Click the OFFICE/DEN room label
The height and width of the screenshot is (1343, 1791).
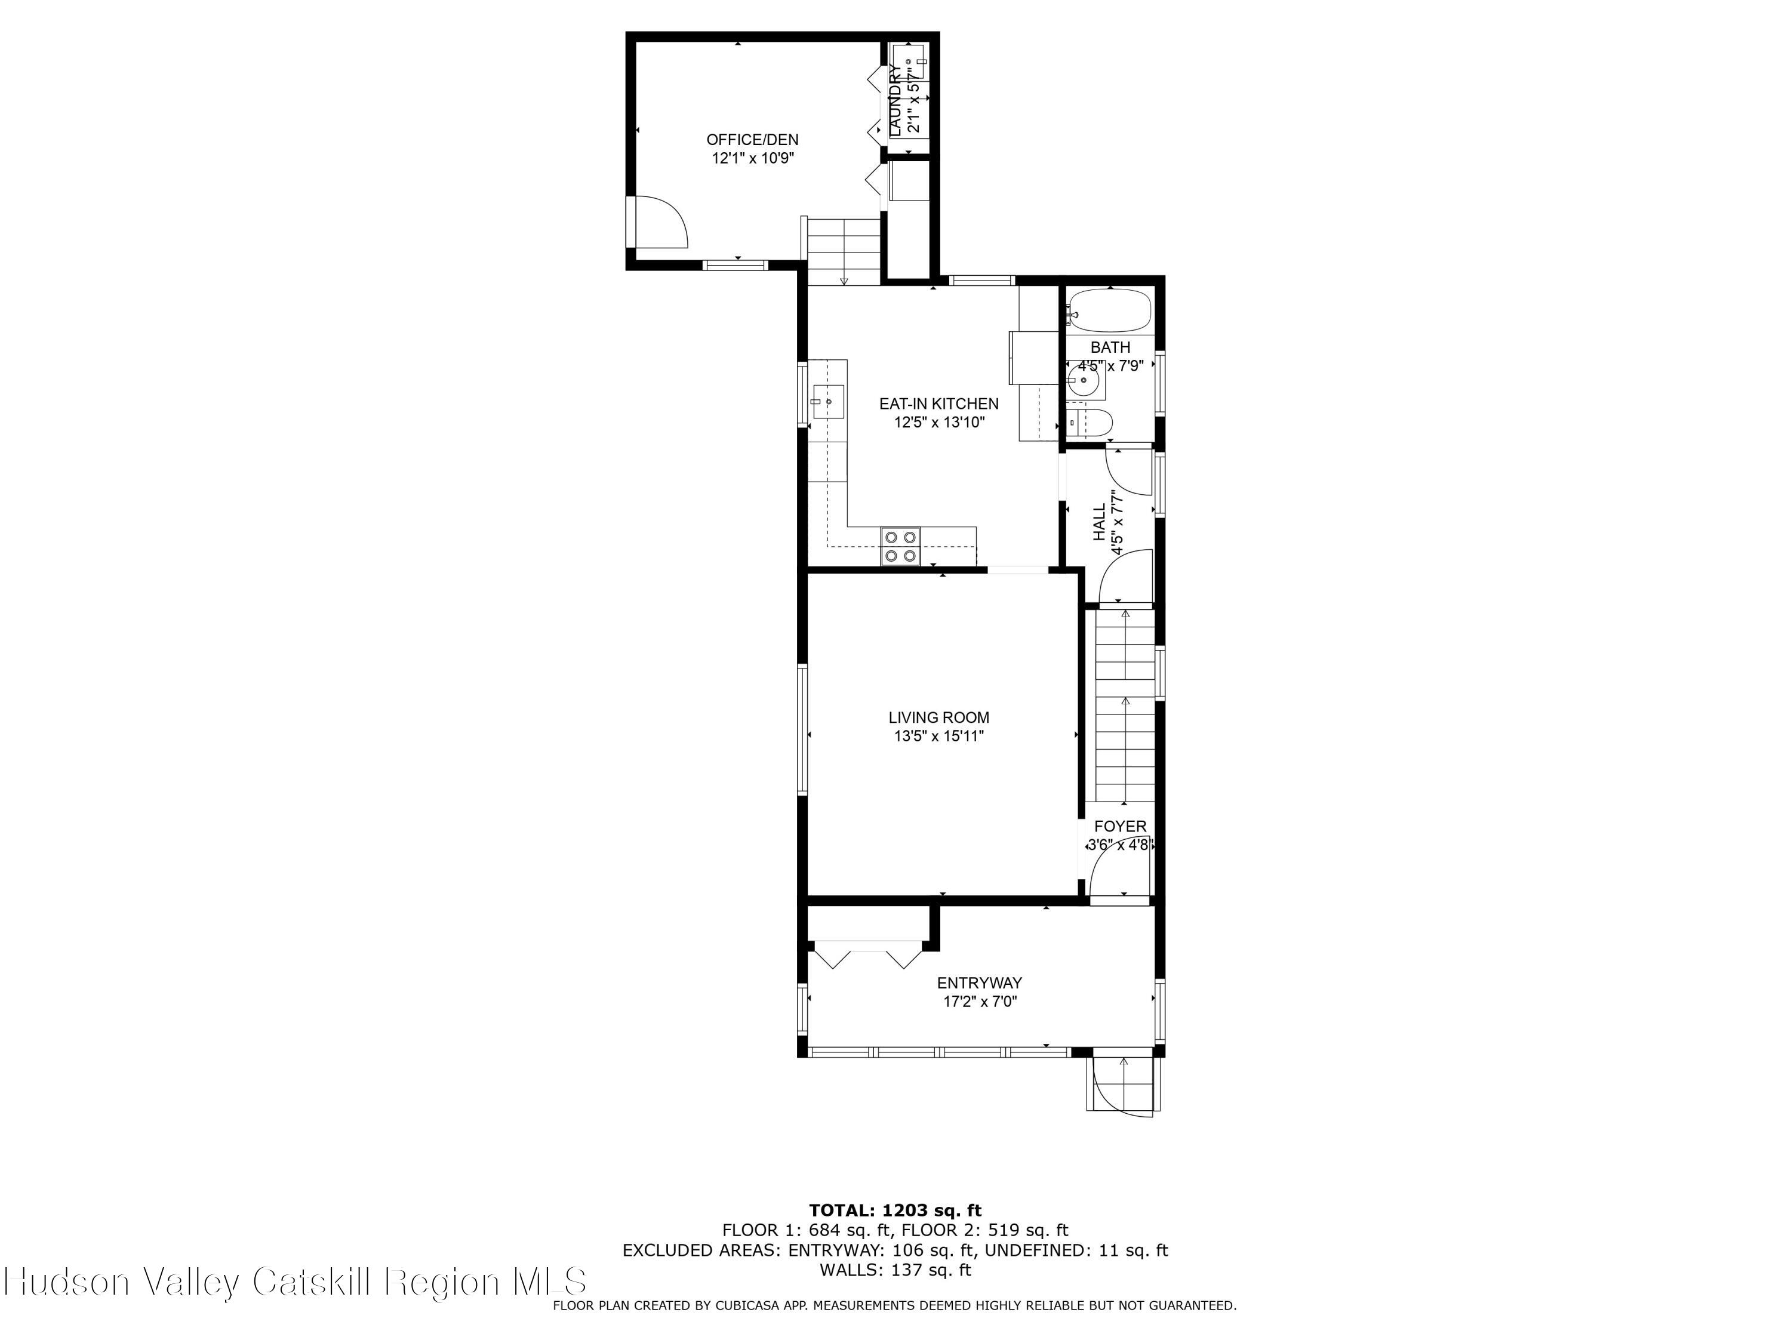(x=752, y=139)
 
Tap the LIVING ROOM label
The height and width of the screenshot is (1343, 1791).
(x=938, y=717)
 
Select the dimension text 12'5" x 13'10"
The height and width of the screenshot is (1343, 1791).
(x=938, y=422)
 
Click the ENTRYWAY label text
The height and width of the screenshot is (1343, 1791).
(x=979, y=982)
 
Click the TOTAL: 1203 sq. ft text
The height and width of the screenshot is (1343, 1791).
(x=895, y=1210)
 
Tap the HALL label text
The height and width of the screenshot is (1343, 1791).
(x=1098, y=522)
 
